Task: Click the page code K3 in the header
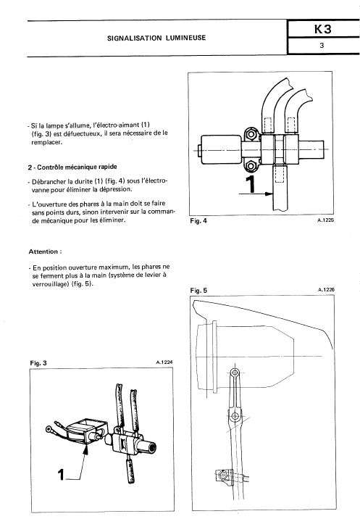322,29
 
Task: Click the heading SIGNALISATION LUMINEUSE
156,38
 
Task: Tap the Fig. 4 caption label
198,221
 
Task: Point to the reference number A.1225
325,220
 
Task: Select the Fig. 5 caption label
198,291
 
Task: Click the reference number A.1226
326,290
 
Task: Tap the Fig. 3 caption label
38,363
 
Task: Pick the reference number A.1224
164,362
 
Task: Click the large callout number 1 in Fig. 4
251,184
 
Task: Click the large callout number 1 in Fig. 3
61,475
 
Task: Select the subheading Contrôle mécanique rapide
77,167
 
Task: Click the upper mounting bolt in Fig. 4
251,134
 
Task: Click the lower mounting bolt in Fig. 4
251,165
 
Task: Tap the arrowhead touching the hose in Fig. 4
269,194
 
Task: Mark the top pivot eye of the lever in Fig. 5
235,373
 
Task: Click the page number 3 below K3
322,46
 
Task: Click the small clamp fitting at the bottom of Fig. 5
222,476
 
